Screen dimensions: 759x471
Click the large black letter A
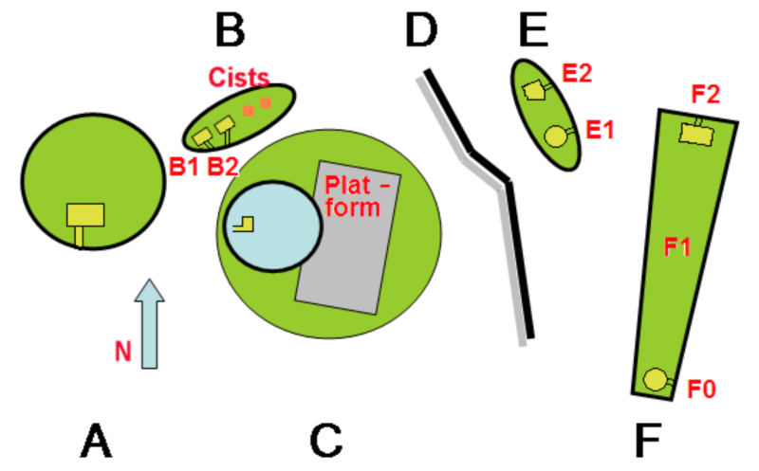pos(96,440)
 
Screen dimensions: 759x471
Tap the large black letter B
pos(230,30)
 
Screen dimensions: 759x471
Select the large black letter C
pos(325,440)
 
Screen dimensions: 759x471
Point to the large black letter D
pos(420,30)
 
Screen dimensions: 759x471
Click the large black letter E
pos(533,30)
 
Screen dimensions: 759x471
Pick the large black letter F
pos(648,440)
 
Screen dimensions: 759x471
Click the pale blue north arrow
pos(150,323)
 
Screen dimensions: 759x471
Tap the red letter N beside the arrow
pos(123,351)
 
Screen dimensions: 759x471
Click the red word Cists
pos(239,78)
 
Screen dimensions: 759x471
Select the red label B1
pos(184,167)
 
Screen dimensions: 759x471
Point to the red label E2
pos(577,73)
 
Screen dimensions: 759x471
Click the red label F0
pos(701,389)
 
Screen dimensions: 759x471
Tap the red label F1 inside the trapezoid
pos(676,246)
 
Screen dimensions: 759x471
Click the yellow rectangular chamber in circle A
pos(85,215)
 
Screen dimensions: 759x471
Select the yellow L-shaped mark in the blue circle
pos(244,225)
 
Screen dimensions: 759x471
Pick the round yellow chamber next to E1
pos(556,136)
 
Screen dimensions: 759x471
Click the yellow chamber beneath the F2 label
pos(696,135)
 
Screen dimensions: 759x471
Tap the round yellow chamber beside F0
pos(656,380)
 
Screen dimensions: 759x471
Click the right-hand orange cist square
pos(266,102)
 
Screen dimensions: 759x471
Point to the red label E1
pos(600,130)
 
